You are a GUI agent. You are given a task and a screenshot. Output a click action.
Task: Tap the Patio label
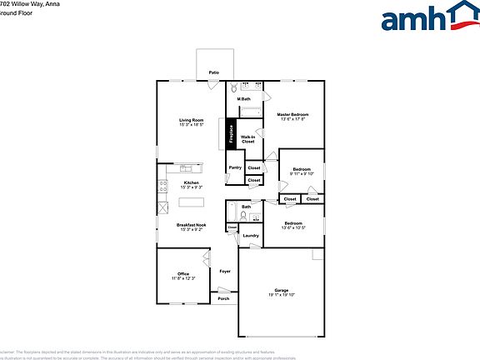pyautogui.click(x=214, y=73)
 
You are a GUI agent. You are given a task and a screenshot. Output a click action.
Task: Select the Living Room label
pyautogui.click(x=191, y=120)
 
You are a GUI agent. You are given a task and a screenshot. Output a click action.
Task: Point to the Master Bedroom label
pyautogui.click(x=292, y=114)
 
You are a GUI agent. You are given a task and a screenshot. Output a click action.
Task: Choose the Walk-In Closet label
pyautogui.click(x=247, y=139)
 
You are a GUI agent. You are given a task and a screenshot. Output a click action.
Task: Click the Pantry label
pyautogui.click(x=234, y=167)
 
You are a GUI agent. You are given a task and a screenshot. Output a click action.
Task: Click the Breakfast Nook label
pyautogui.click(x=191, y=224)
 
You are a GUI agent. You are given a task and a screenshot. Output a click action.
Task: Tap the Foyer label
pyautogui.click(x=224, y=272)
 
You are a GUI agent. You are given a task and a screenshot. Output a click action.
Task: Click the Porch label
pyautogui.click(x=223, y=298)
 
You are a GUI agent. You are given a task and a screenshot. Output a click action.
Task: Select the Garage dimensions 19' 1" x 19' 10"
pyautogui.click(x=282, y=295)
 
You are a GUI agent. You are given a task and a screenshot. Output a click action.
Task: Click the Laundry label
pyautogui.click(x=250, y=236)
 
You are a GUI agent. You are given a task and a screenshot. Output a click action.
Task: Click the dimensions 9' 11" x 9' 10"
pyautogui.click(x=302, y=173)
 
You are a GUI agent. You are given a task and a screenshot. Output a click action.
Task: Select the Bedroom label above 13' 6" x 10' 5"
pyautogui.click(x=292, y=222)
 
